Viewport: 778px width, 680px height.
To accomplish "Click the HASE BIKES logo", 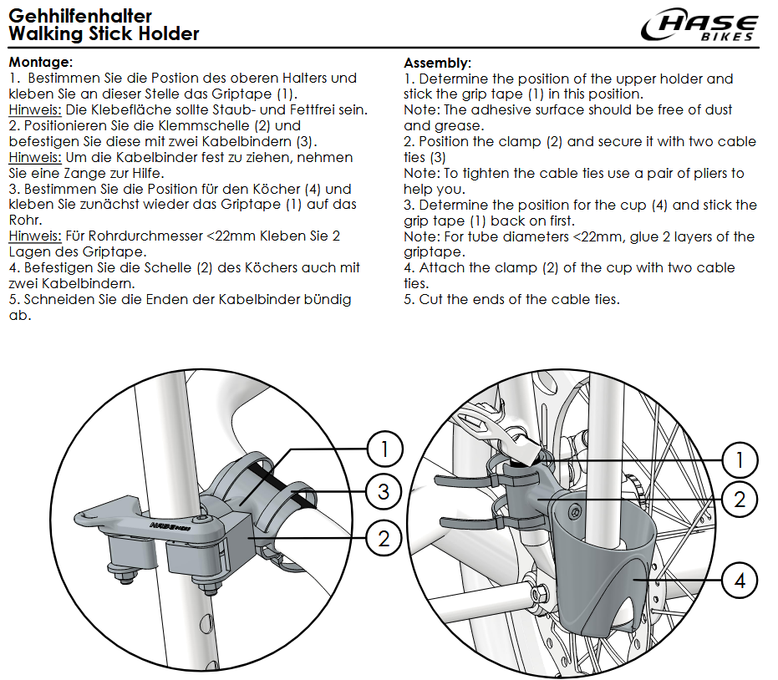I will click(x=700, y=27).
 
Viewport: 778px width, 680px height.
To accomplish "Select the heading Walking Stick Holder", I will click(x=104, y=34).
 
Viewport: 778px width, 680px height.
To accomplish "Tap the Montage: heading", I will click(x=41, y=62).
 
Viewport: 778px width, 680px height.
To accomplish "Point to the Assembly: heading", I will click(x=438, y=63).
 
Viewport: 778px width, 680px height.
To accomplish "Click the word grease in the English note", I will click(x=460, y=125).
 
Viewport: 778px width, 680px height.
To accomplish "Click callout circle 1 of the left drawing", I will click(x=384, y=450).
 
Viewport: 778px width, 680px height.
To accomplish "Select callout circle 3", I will click(x=384, y=491).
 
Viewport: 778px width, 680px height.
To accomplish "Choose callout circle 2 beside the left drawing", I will click(x=384, y=539).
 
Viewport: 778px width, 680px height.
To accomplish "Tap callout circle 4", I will click(x=740, y=580).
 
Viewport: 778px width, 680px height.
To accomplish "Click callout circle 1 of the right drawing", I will click(x=740, y=459).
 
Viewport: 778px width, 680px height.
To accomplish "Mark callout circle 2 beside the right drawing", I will click(x=740, y=500).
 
